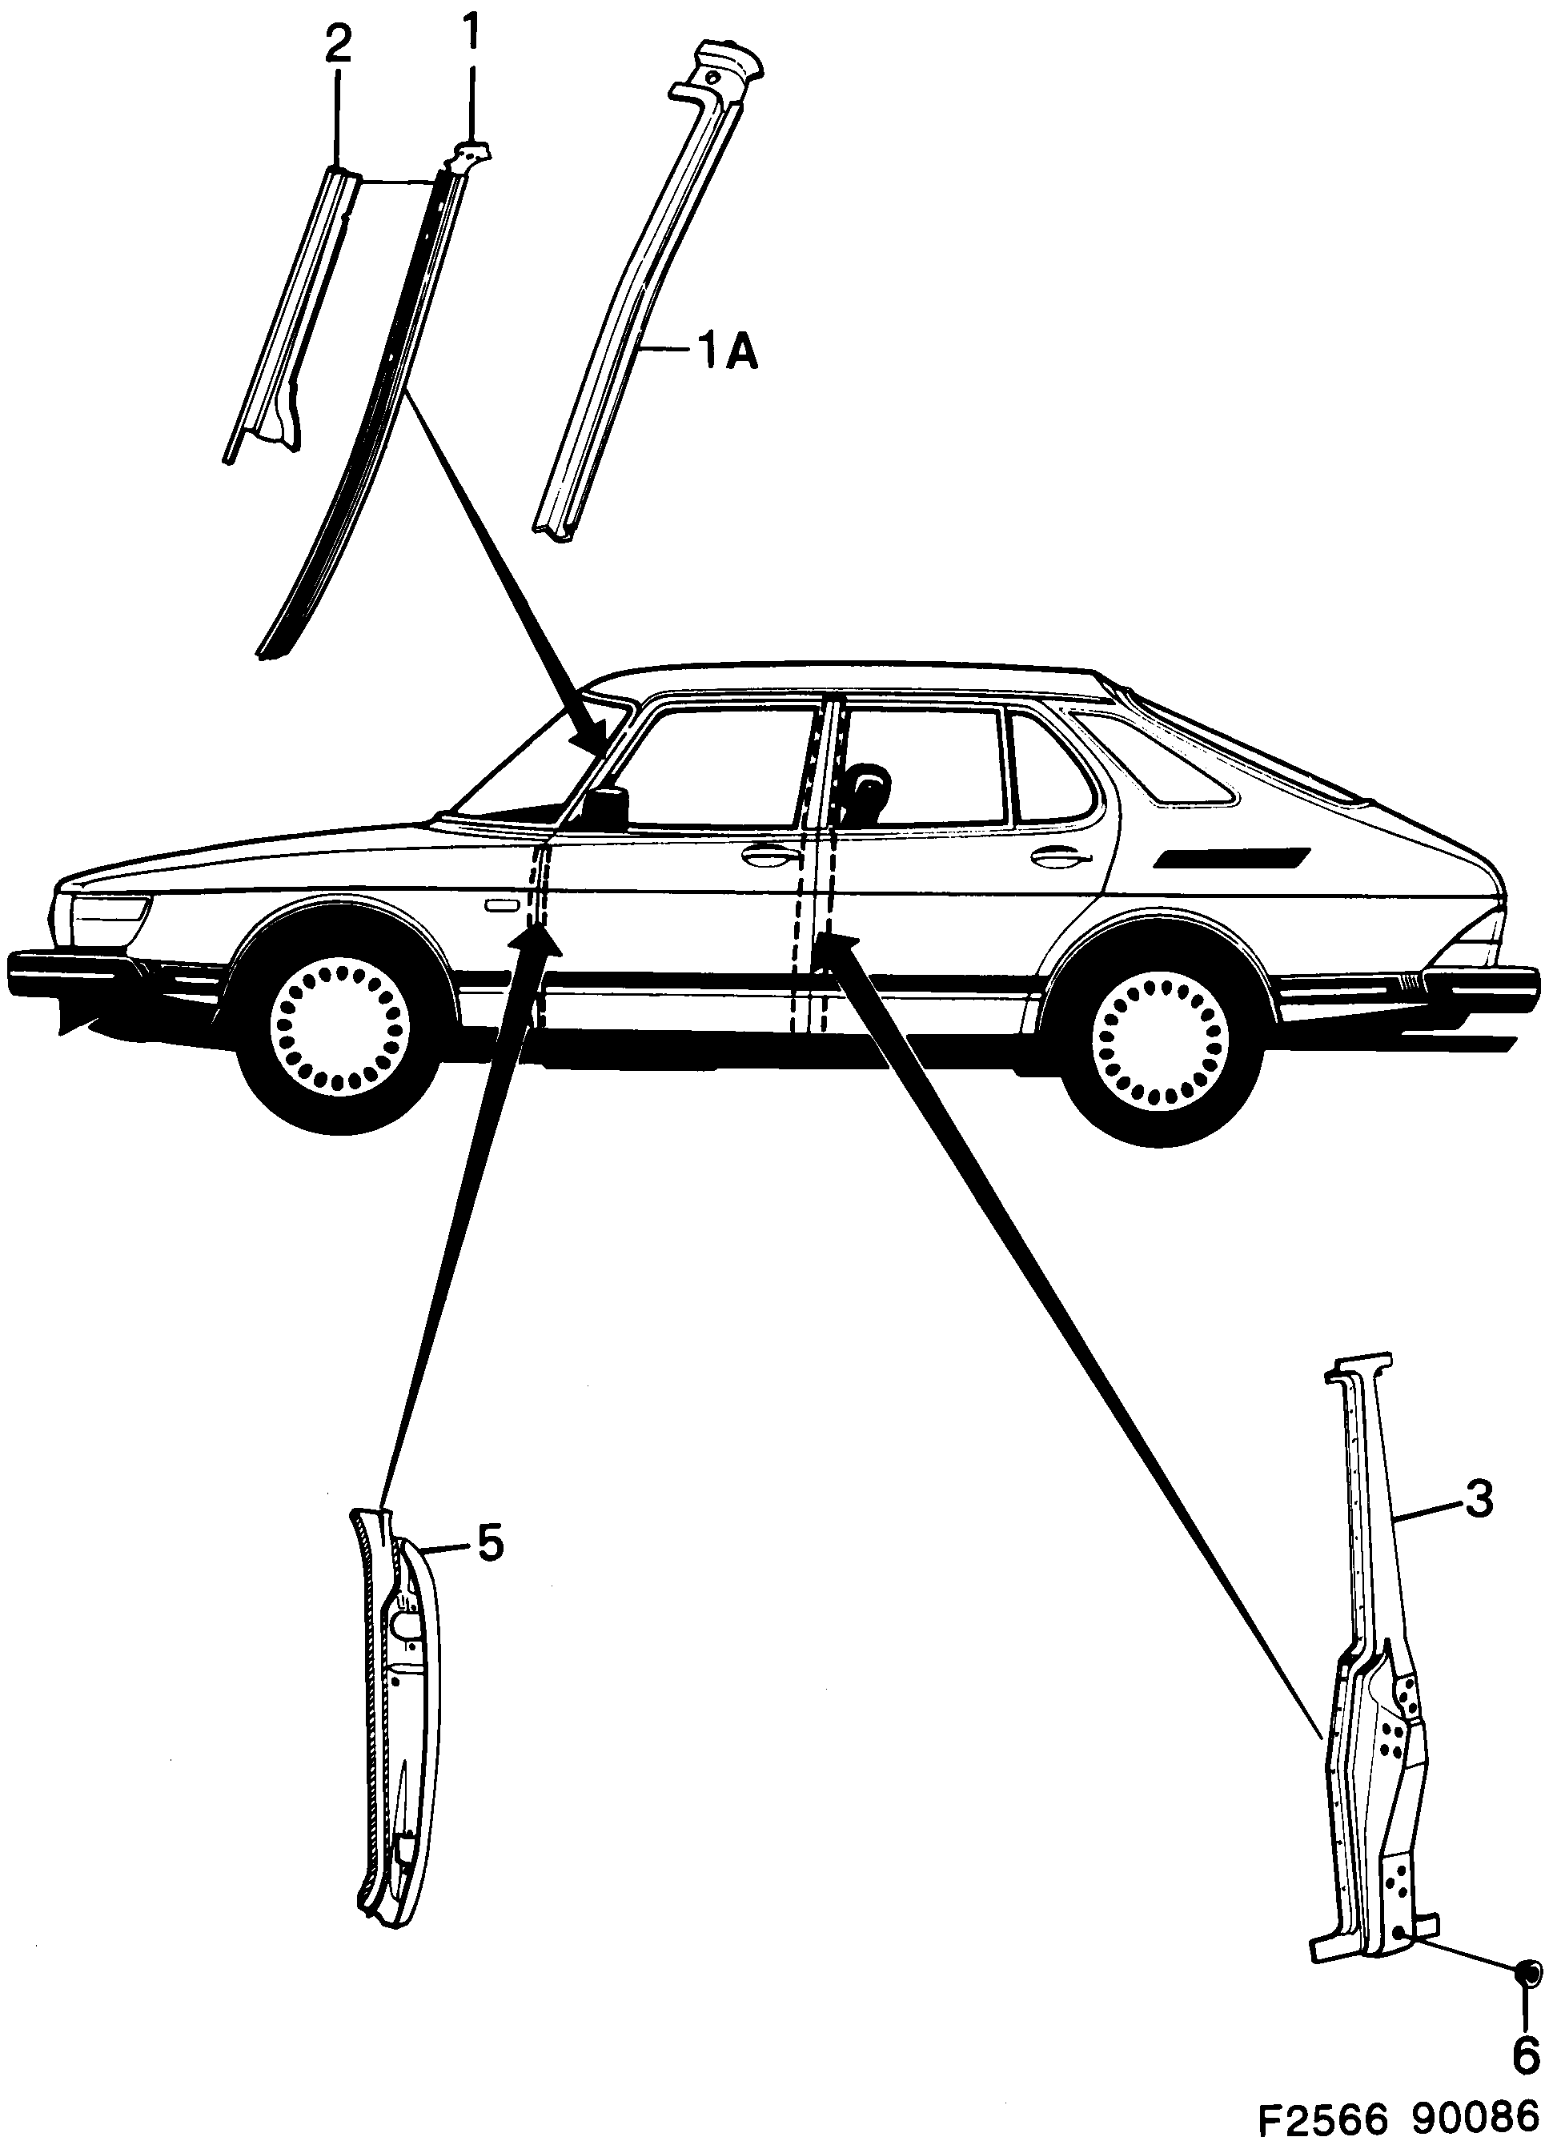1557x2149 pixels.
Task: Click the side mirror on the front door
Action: (608, 804)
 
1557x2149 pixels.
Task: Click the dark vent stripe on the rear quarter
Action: (1232, 857)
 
